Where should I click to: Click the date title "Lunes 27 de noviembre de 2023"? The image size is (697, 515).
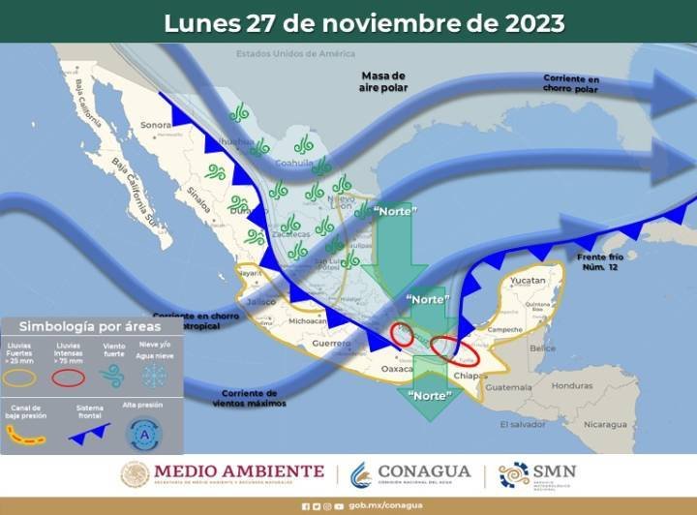tap(364, 23)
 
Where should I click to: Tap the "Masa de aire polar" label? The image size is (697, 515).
tap(384, 82)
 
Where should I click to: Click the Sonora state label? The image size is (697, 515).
tap(155, 125)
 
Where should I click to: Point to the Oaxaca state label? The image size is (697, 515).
tap(397, 369)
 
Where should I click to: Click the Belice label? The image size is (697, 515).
tap(543, 348)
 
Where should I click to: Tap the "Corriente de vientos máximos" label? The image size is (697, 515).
tap(250, 398)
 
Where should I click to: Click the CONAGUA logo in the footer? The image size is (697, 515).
tap(411, 473)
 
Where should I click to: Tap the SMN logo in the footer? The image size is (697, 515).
tap(537, 473)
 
